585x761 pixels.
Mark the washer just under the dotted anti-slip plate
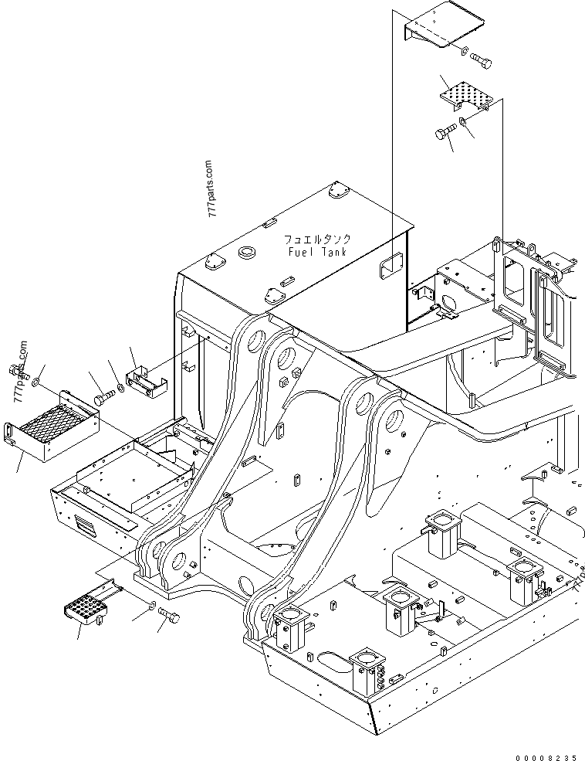click(462, 121)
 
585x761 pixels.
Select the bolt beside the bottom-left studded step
click(171, 614)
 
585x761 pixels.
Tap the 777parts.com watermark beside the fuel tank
click(211, 189)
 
